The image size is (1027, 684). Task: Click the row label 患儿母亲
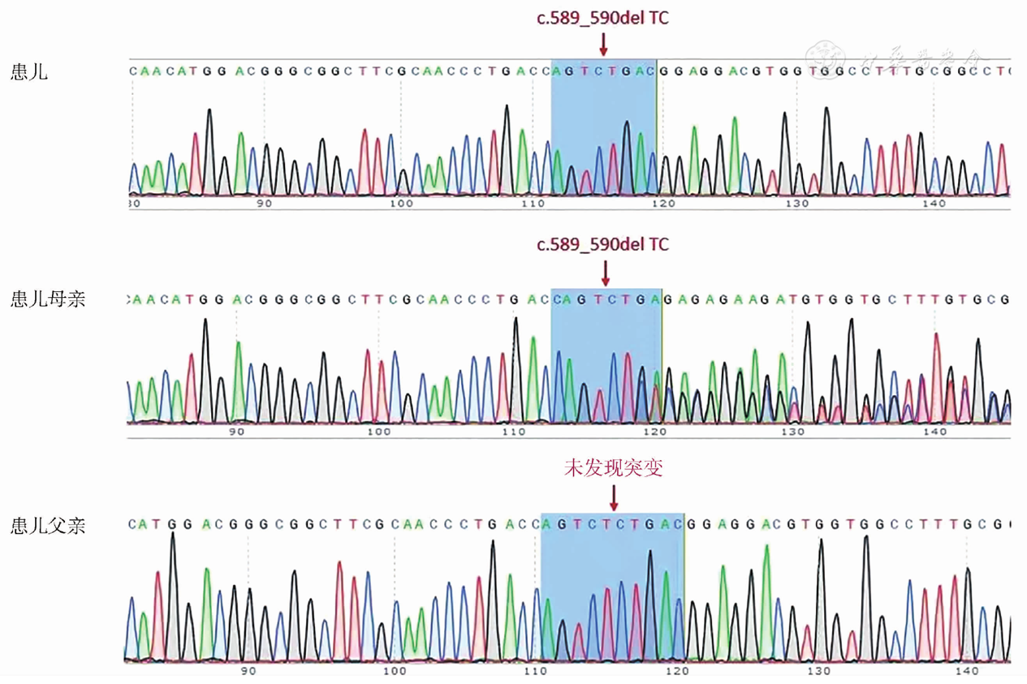[48, 299]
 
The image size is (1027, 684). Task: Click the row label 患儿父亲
[48, 527]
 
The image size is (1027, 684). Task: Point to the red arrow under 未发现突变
[614, 497]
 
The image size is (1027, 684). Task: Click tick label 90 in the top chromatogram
[265, 203]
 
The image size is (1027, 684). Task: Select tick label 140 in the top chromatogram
[934, 203]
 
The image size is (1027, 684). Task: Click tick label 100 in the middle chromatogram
[379, 432]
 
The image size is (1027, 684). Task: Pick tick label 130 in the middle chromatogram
[792, 432]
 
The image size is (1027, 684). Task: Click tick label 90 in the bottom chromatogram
[248, 670]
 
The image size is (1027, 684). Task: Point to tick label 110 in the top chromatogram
[533, 203]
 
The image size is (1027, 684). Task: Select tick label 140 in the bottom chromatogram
[966, 670]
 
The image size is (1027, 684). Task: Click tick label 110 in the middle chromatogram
[513, 432]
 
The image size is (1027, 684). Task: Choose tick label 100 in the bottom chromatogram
[395, 670]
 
